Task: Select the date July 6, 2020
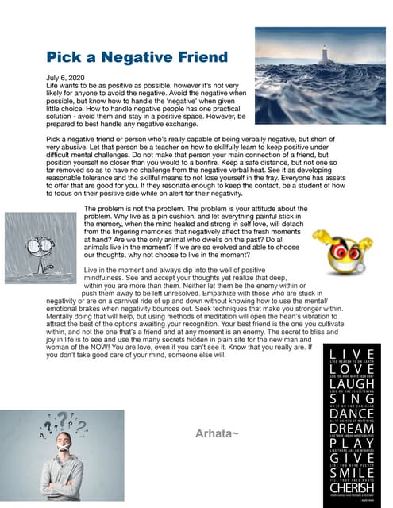pyautogui.click(x=66, y=76)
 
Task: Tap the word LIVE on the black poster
pyautogui.click(x=347, y=352)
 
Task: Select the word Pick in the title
pyautogui.click(x=63, y=57)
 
